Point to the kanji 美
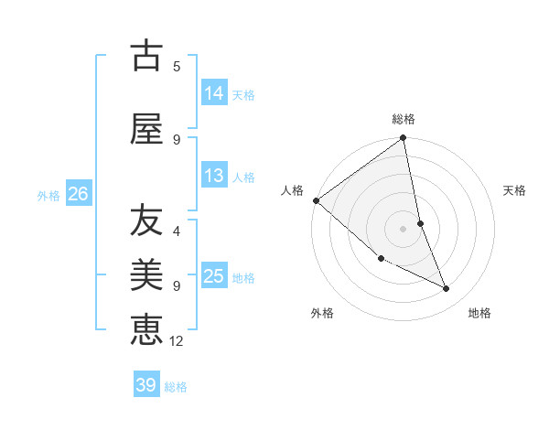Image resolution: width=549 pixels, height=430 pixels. coord(146,274)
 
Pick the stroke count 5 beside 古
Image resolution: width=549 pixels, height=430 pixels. coord(177,66)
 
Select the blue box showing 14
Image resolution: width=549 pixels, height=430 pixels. coord(214,93)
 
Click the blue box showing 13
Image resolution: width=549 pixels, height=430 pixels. coord(214,176)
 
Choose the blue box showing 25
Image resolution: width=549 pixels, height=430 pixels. coord(214,276)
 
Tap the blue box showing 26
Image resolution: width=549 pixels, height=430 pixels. coord(78,194)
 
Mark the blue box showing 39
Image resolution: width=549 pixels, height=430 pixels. coord(146,385)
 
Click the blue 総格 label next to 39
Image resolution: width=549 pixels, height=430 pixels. coord(176,387)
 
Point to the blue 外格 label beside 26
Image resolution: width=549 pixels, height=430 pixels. coord(48,195)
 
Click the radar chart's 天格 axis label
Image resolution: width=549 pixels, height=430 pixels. coord(515,190)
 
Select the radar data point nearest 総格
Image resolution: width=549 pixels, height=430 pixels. coord(403,138)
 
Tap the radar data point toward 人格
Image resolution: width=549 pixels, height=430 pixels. coord(316,200)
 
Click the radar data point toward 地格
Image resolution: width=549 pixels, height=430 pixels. coord(447,288)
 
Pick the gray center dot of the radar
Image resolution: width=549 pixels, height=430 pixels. coord(403,228)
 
